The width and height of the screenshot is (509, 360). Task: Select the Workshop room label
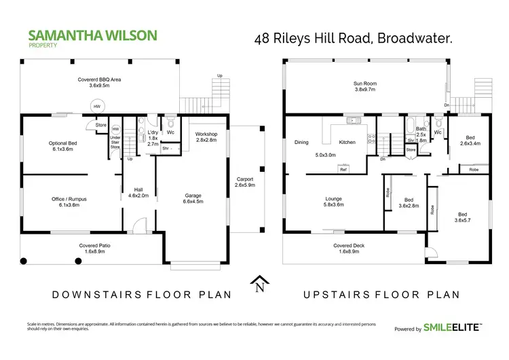(x=206, y=137)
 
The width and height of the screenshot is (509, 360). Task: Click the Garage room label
(x=193, y=198)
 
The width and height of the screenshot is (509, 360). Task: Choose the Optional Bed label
(x=66, y=146)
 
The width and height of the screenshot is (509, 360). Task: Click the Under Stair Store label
(x=115, y=142)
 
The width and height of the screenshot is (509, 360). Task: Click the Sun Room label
(x=364, y=86)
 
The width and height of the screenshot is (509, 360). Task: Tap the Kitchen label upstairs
(x=347, y=143)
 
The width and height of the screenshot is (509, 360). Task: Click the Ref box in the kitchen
(x=343, y=170)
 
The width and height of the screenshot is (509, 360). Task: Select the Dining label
(x=301, y=143)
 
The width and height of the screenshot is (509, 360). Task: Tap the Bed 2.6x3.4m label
(x=470, y=141)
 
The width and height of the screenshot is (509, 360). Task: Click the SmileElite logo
(x=453, y=328)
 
